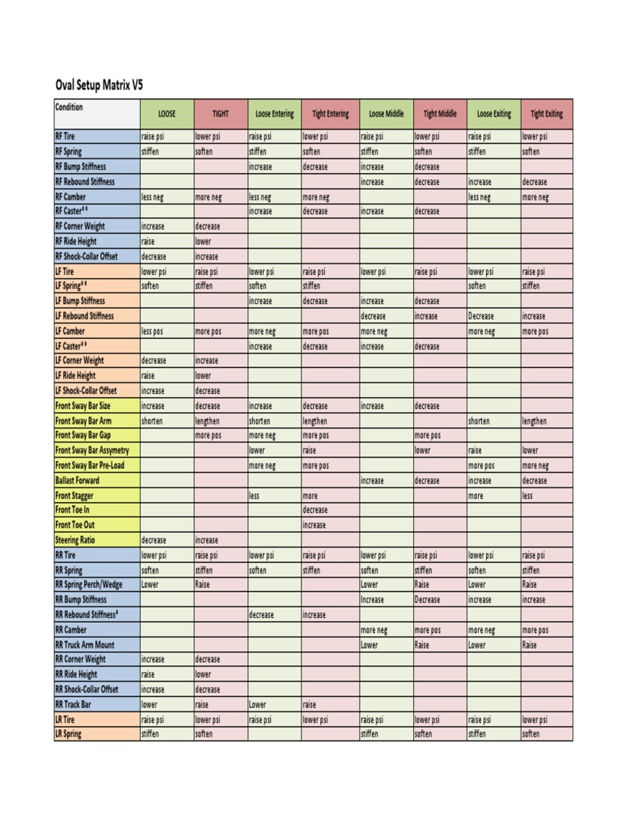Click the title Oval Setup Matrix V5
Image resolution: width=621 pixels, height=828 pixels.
[99, 85]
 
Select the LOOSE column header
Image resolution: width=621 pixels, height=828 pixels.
[167, 114]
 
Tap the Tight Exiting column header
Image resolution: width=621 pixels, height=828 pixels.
[547, 114]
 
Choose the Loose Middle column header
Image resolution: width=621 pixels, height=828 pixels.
[386, 114]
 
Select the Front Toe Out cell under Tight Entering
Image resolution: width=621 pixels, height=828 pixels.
[329, 525]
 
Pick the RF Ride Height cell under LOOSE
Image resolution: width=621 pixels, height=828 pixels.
[167, 241]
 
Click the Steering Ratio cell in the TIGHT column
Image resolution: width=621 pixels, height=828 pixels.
[220, 540]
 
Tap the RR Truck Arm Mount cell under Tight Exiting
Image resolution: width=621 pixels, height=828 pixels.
[547, 644]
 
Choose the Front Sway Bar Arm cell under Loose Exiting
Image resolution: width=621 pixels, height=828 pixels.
[493, 420]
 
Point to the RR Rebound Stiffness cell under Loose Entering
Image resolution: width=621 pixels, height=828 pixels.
[274, 615]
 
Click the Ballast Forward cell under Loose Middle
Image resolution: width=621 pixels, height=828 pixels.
[386, 480]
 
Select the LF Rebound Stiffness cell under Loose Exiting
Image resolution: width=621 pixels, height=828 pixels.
[493, 316]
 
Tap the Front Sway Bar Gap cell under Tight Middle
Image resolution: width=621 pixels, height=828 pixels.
[440, 435]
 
